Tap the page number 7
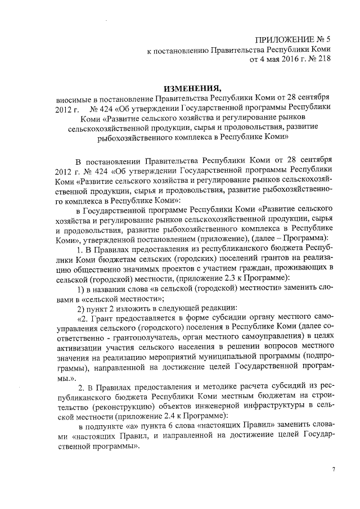tap(333, 468)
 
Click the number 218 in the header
tap(322, 58)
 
